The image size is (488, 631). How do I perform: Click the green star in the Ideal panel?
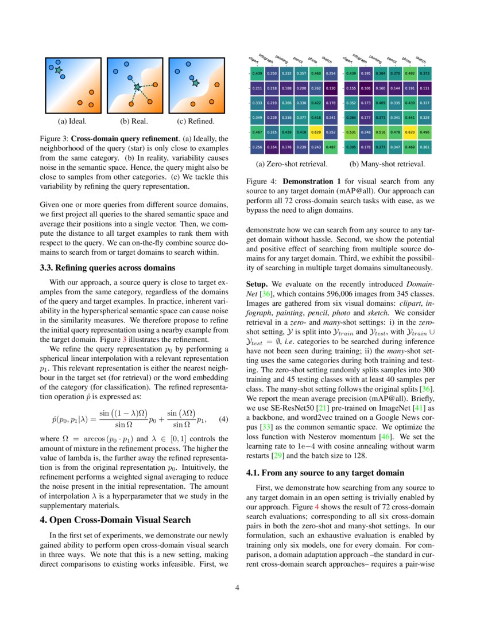click(58, 70)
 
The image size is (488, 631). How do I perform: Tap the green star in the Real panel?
click(137, 87)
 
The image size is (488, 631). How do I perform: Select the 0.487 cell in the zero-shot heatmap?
click(330, 147)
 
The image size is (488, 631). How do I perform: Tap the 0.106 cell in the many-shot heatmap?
click(366, 88)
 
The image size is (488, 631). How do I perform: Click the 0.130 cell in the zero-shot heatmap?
click(330, 88)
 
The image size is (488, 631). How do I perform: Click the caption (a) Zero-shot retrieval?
click(293, 164)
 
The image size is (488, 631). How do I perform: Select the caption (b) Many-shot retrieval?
click(388, 164)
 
